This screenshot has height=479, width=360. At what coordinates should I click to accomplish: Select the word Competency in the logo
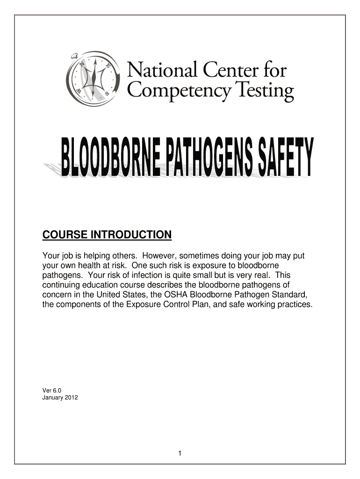point(179,91)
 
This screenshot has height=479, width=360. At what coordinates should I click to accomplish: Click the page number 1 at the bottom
point(180,454)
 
